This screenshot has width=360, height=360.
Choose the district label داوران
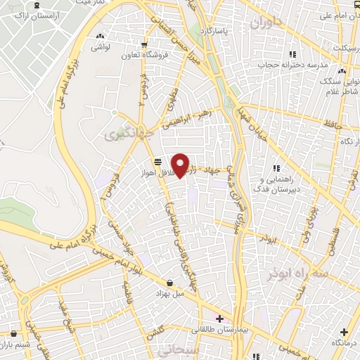click(265, 23)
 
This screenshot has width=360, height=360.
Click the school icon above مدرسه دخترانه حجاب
click(293, 53)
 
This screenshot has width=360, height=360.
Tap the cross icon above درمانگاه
click(343, 332)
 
